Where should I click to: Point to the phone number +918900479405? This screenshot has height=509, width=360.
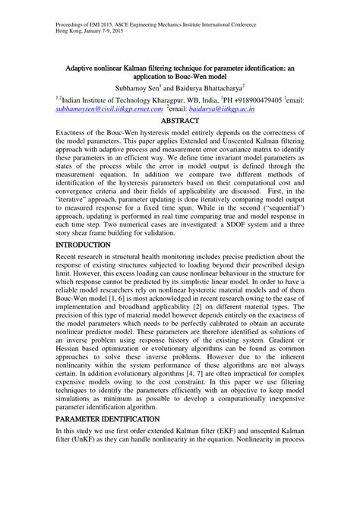pyautogui.click(x=245, y=99)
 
